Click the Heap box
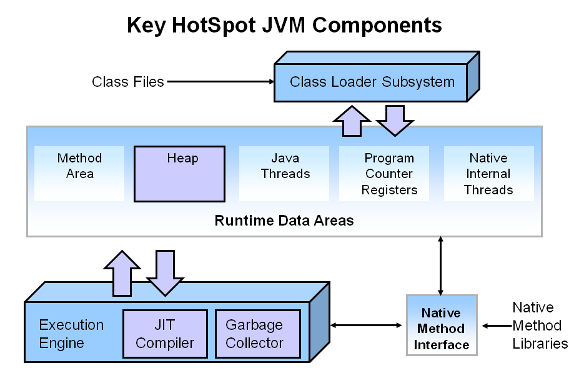(179, 174)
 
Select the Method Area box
(79, 174)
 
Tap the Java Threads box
(284, 174)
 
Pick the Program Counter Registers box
(384, 174)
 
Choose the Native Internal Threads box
(489, 174)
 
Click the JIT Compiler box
(165, 334)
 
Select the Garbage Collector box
(258, 334)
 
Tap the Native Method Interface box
(442, 326)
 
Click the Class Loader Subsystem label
(372, 82)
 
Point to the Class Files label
(128, 82)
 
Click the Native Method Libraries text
(540, 326)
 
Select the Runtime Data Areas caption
(284, 221)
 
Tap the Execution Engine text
(71, 334)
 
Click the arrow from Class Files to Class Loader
(221, 82)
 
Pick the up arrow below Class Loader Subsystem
(352, 121)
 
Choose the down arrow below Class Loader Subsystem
(395, 121)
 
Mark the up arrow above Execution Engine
(122, 274)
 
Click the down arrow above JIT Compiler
(165, 274)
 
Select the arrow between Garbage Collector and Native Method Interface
(366, 326)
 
